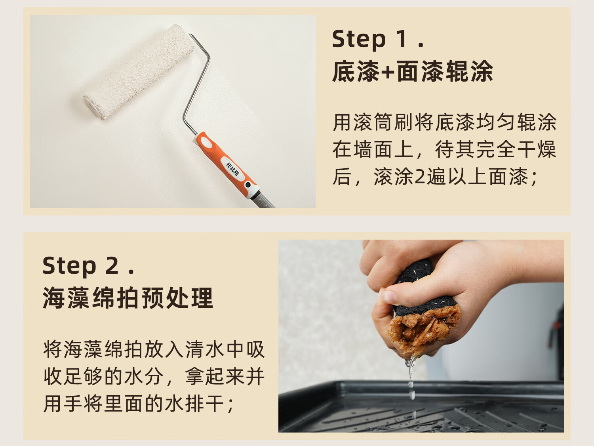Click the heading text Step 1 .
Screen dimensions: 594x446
(x=378, y=40)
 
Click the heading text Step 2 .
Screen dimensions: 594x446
(x=88, y=266)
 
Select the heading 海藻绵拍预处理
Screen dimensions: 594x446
(x=128, y=298)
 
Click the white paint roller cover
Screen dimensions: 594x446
(x=139, y=72)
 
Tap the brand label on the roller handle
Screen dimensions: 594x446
(x=233, y=169)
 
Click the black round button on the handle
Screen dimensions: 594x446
(x=247, y=185)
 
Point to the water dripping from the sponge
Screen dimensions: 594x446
(x=411, y=384)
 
